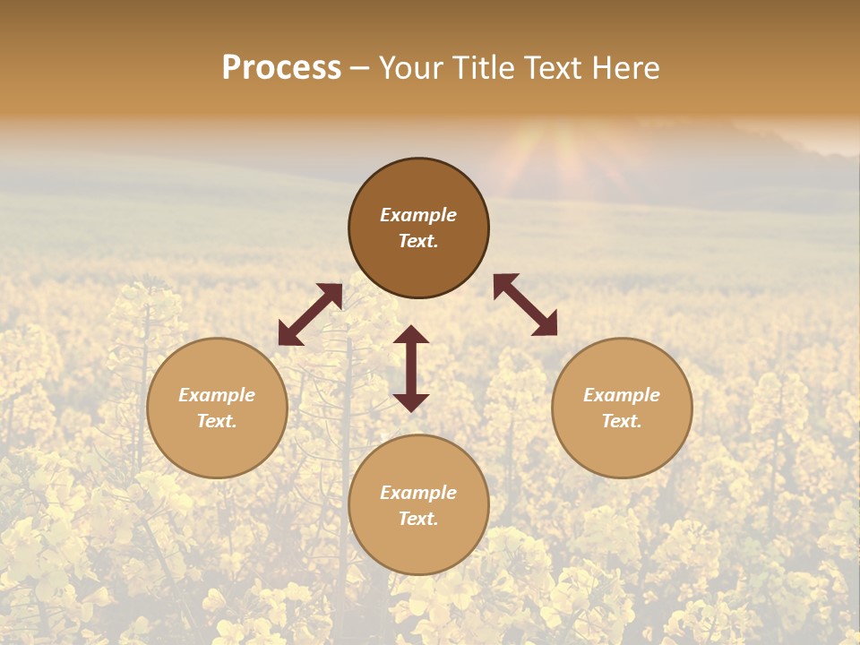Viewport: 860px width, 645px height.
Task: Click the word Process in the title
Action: [x=281, y=68]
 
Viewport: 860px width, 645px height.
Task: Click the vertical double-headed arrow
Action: [x=411, y=368]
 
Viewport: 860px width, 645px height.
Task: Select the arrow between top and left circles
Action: [x=310, y=314]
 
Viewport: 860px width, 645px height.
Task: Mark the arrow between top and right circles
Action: [x=526, y=305]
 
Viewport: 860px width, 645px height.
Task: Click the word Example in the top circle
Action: [x=418, y=215]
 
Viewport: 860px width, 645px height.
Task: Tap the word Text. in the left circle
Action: [x=217, y=421]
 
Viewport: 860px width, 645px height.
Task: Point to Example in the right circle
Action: [x=622, y=395]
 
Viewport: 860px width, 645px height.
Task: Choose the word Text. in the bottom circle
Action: [x=418, y=519]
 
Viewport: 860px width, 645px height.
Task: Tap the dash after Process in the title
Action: [x=360, y=68]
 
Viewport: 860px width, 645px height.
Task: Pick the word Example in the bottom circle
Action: [x=418, y=493]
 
